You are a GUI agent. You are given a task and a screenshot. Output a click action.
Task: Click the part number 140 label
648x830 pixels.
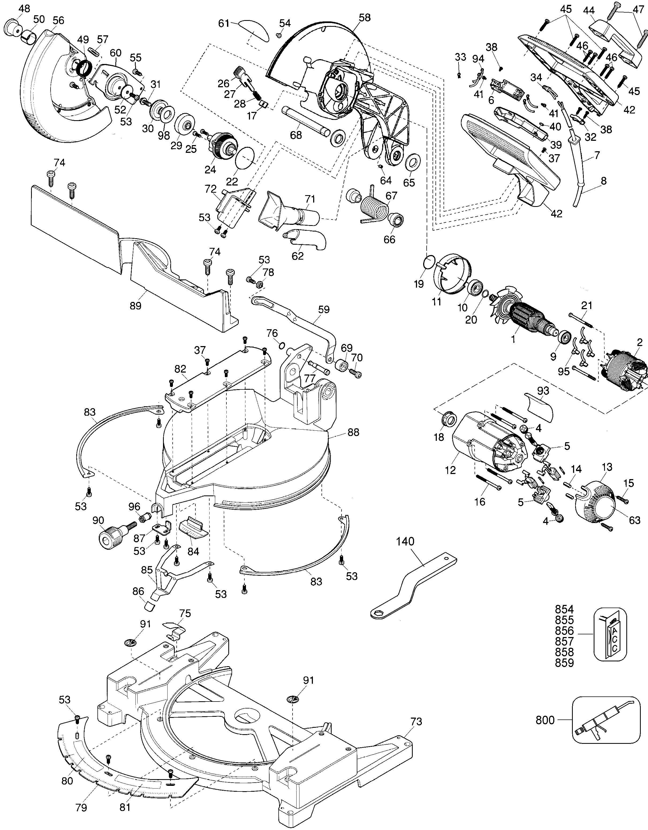pyautogui.click(x=405, y=541)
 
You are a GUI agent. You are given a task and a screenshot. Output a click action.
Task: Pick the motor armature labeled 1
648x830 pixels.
pyautogui.click(x=526, y=314)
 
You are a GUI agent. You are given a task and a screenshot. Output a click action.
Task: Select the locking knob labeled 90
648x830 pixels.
pyautogui.click(x=111, y=537)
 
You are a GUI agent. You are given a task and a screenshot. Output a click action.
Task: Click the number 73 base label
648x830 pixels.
pyautogui.click(x=416, y=721)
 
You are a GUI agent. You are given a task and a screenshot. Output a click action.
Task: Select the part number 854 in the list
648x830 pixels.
pyautogui.click(x=564, y=619)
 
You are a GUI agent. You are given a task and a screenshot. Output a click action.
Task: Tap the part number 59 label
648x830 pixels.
pyautogui.click(x=324, y=309)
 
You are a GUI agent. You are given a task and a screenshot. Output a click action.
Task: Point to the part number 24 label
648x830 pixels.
pyautogui.click(x=210, y=169)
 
